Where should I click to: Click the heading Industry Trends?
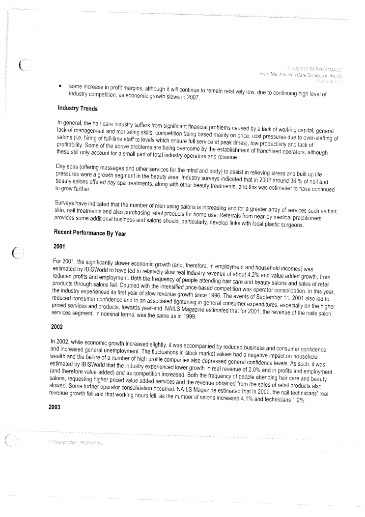tap(77, 108)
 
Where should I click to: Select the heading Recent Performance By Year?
tap(90, 233)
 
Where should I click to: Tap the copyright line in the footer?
tap(74, 443)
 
